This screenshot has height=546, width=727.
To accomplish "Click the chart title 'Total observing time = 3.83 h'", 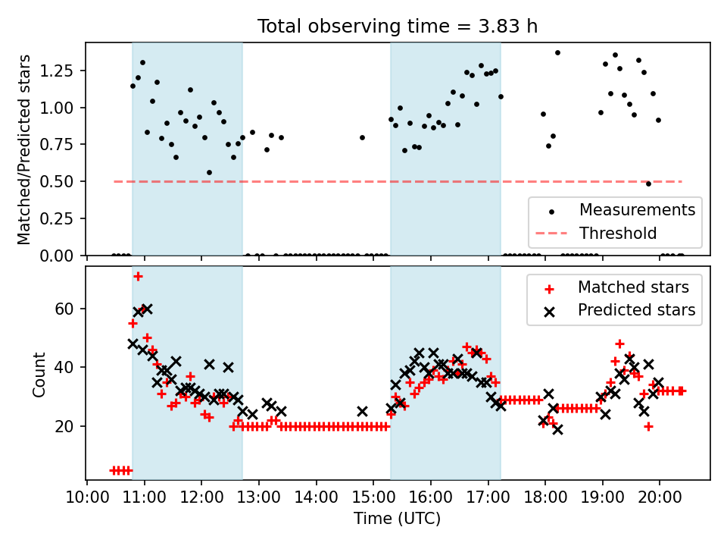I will [398, 27].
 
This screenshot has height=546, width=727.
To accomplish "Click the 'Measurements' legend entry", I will [637, 210].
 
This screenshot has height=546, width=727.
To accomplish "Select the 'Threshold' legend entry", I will [618, 234].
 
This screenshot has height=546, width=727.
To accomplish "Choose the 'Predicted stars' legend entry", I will [636, 310].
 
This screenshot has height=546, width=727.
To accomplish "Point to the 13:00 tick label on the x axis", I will [259, 497].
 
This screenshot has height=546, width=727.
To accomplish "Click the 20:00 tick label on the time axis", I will [660, 497].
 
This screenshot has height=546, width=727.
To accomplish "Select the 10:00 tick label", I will [87, 497].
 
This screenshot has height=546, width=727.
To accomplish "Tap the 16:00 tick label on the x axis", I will [431, 497].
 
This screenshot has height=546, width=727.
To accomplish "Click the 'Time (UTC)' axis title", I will [398, 519].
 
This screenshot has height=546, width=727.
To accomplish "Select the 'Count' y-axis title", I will [39, 373].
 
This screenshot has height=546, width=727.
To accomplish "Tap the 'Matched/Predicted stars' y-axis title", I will [24, 149].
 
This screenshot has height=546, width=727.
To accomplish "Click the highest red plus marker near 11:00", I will [138, 276].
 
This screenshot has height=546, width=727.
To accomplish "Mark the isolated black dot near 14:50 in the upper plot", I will [362, 137].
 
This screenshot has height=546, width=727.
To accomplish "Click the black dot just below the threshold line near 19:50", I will [648, 184].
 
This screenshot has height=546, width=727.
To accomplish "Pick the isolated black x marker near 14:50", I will [362, 411].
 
